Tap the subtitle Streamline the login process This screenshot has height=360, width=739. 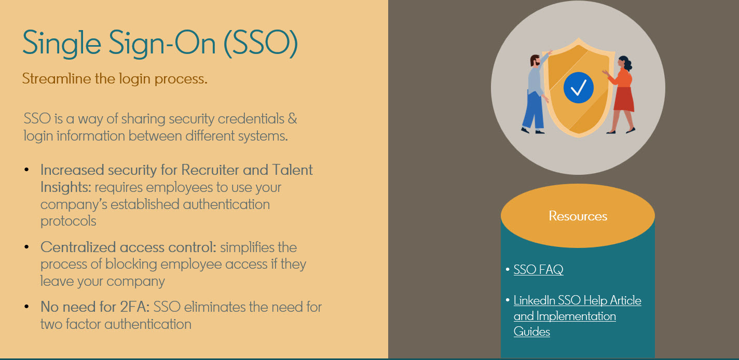pyautogui.click(x=115, y=79)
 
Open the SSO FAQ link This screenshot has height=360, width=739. pyautogui.click(x=538, y=269)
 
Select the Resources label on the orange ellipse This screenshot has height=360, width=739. pyautogui.click(x=578, y=216)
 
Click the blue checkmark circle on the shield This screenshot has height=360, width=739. pyautogui.click(x=578, y=87)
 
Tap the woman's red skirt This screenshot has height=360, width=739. pyautogui.click(x=624, y=99)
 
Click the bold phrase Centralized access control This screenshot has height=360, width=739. pyautogui.click(x=128, y=247)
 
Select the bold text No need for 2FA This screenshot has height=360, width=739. pyautogui.click(x=95, y=307)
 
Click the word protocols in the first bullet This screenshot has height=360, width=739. pyautogui.click(x=69, y=221)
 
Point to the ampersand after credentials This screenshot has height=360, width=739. pyautogui.click(x=292, y=119)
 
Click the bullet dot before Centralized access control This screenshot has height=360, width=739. pyautogui.click(x=26, y=246)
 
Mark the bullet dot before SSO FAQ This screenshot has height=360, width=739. pyautogui.click(x=508, y=269)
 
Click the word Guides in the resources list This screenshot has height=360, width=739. pyautogui.click(x=532, y=331)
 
